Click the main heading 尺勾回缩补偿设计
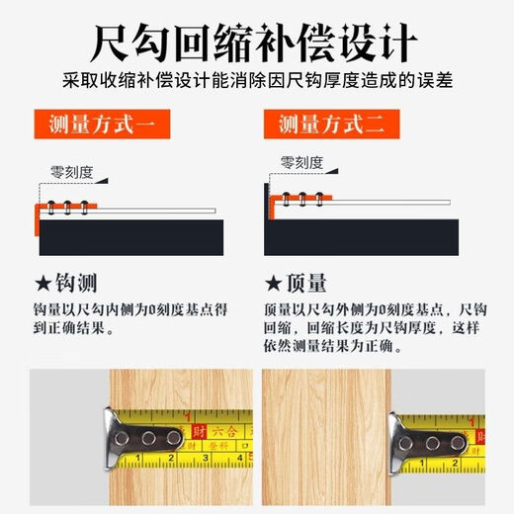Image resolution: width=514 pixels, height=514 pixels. point(256,43)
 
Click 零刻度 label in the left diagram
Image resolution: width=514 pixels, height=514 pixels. point(72,172)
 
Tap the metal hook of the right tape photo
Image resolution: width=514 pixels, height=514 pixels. point(425,439)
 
